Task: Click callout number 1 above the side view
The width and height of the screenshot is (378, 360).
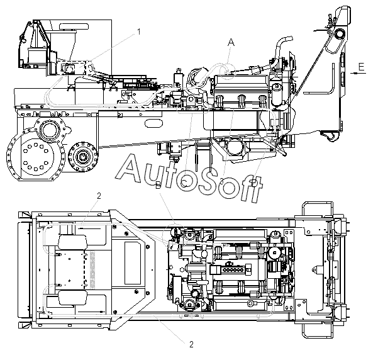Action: click(139, 31)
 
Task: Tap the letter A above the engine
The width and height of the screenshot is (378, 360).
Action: click(231, 42)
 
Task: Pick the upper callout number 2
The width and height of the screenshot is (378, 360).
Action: click(99, 196)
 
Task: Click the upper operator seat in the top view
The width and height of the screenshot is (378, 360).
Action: click(74, 242)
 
